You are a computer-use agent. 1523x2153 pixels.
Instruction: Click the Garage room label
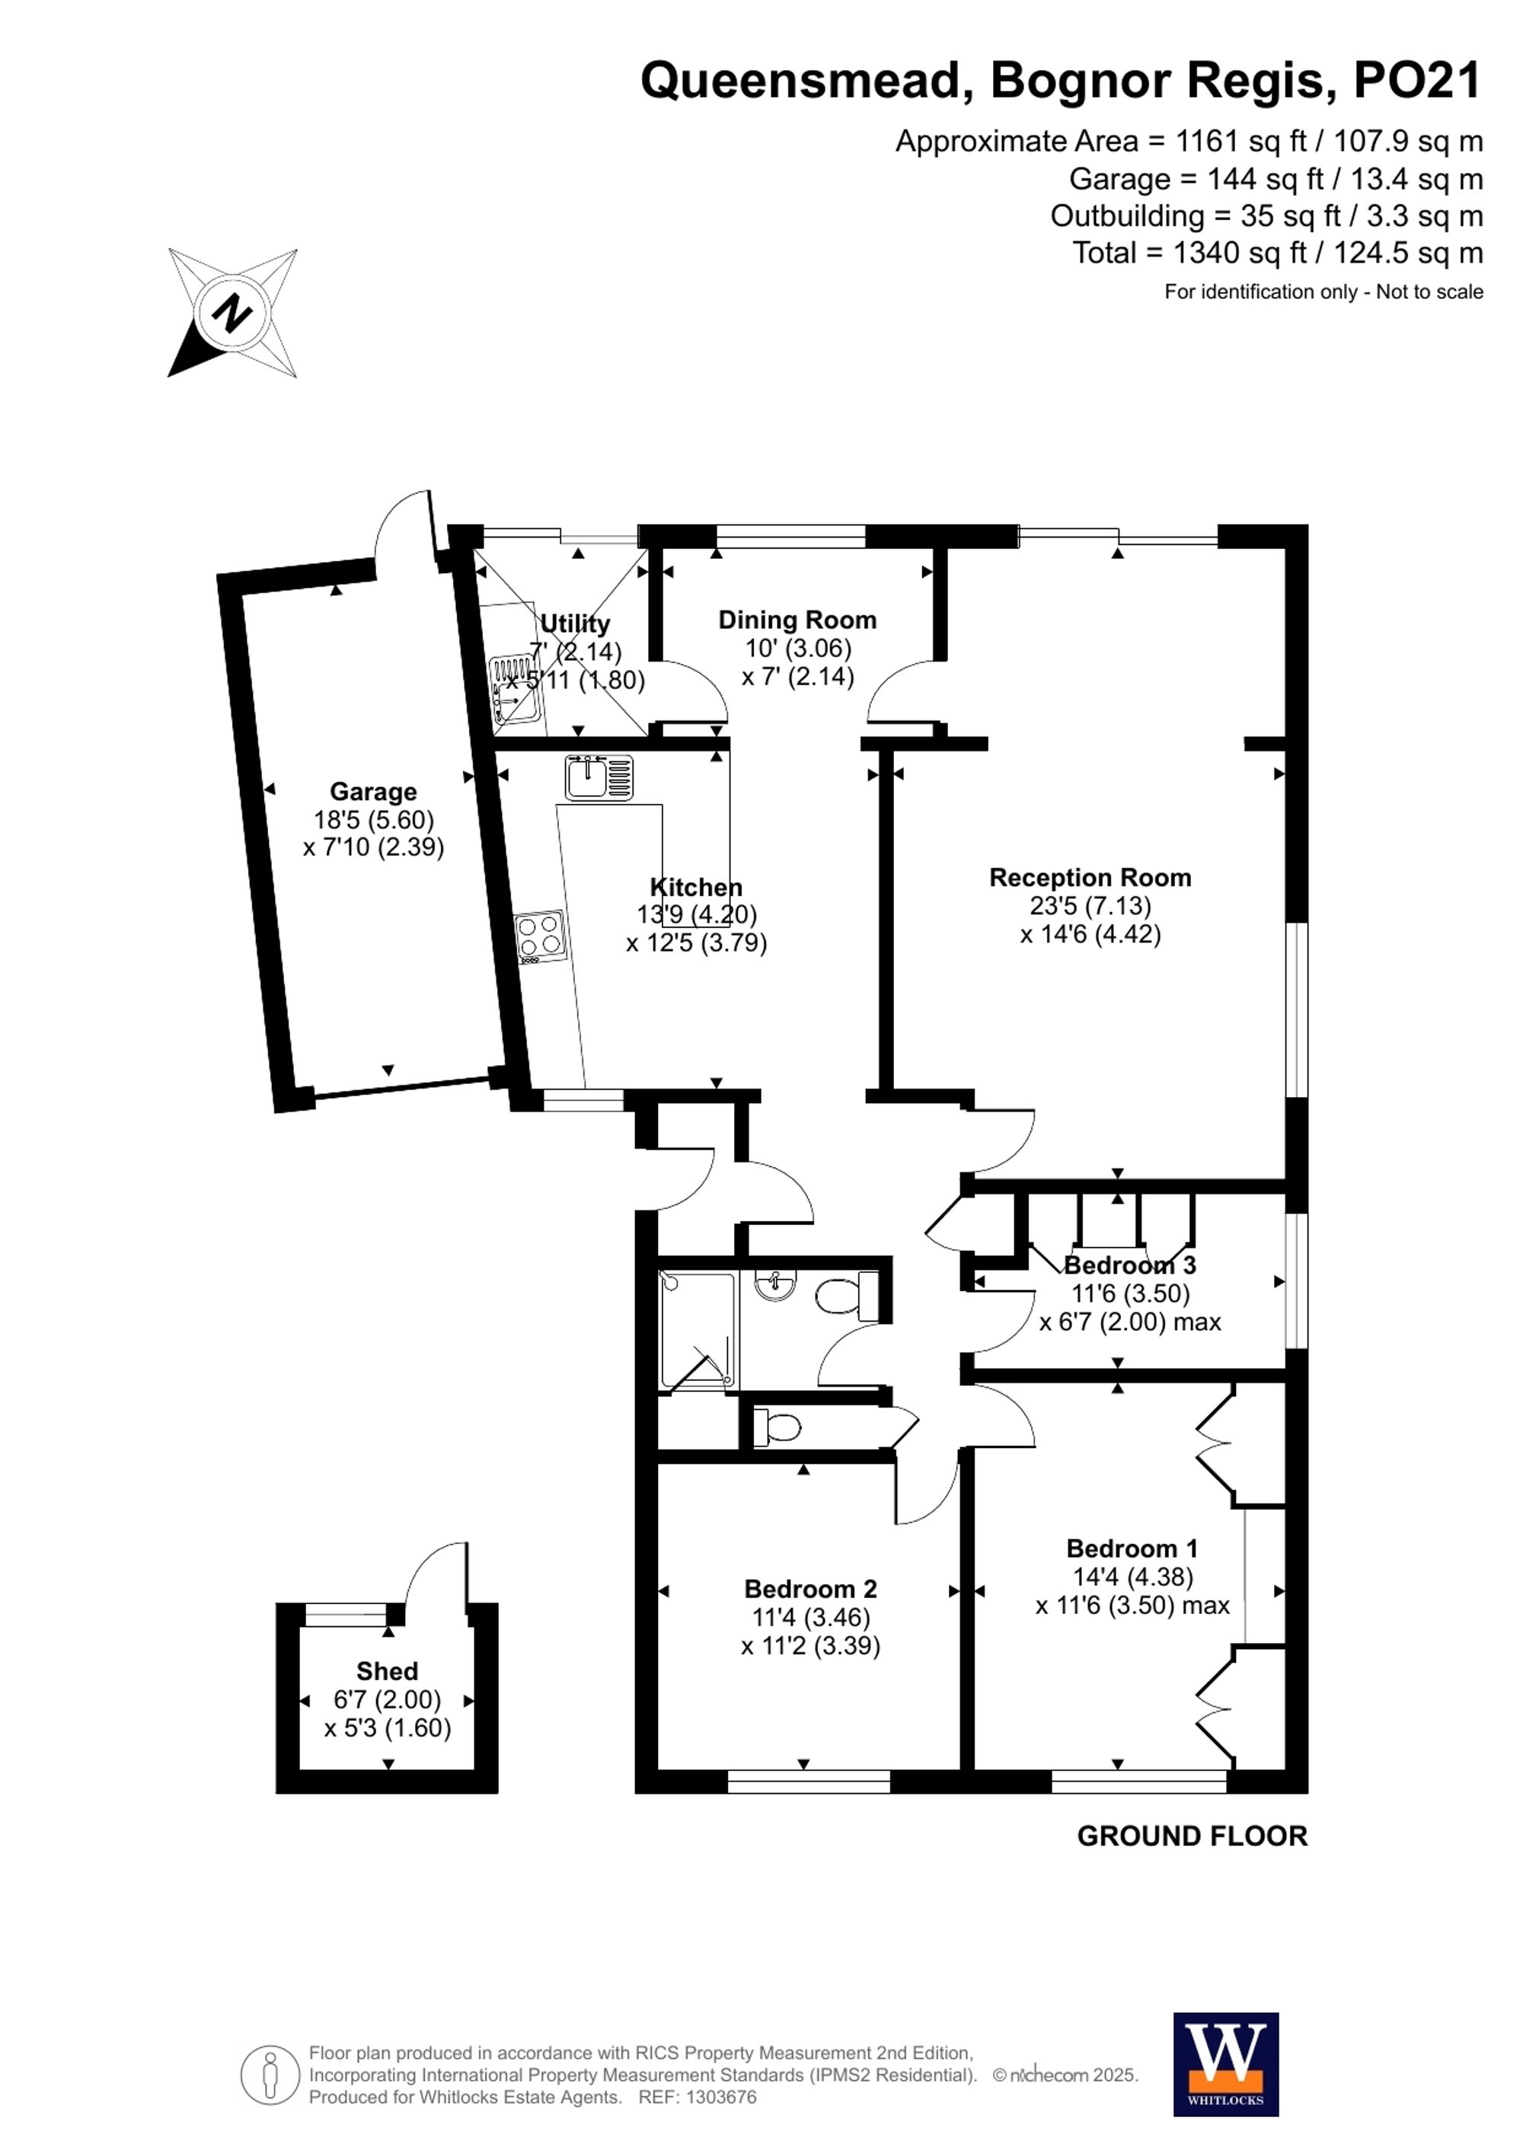[373, 792]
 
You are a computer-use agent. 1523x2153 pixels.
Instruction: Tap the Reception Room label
[1090, 878]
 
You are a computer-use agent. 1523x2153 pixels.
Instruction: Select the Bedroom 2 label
[810, 1589]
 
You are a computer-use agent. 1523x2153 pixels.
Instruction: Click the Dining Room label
[797, 620]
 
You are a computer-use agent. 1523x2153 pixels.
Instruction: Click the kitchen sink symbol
[599, 777]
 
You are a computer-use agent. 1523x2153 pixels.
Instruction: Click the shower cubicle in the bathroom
[698, 1331]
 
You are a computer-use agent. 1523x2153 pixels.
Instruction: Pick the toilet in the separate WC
[777, 1428]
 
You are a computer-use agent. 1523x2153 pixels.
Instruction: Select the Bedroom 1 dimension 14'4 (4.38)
[1133, 1577]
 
